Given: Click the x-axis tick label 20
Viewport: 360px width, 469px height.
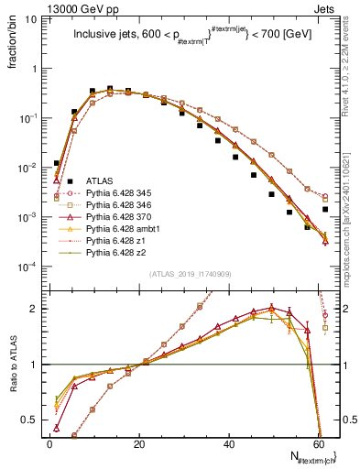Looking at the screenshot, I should point(140,446).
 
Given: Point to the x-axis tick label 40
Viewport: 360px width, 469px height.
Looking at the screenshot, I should point(231,446).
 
